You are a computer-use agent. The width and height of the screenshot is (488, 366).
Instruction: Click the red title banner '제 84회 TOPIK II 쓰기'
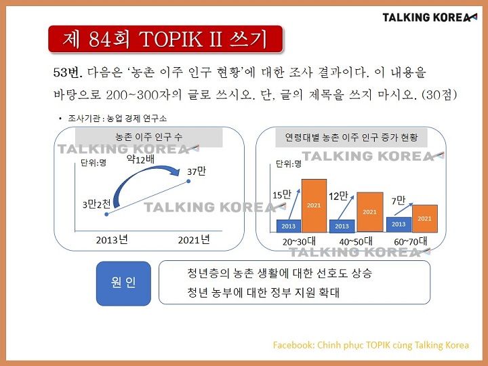point(165,39)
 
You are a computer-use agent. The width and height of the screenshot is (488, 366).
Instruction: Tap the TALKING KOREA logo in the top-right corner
point(430,18)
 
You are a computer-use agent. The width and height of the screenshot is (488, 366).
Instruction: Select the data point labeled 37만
point(188,181)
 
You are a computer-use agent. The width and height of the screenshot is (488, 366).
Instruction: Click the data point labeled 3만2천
point(106,214)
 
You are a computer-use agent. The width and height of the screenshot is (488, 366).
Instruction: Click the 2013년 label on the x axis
point(112,240)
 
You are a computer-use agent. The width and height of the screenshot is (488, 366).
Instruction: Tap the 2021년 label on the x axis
point(194,240)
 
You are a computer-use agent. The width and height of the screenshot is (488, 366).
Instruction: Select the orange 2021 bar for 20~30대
point(314,206)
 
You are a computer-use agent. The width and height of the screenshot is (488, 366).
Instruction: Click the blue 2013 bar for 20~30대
point(289,226)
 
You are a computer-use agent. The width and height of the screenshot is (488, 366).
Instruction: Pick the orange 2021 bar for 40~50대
point(370,212)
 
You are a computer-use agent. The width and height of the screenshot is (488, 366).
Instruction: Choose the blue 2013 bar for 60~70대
point(399,224)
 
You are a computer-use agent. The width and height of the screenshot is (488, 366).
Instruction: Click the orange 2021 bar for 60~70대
point(425,218)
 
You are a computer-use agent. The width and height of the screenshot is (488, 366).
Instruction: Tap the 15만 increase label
point(282,195)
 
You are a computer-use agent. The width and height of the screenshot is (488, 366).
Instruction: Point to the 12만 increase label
point(338,196)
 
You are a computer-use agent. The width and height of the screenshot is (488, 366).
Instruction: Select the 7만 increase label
point(399,201)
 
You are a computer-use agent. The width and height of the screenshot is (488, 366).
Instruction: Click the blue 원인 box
point(123,283)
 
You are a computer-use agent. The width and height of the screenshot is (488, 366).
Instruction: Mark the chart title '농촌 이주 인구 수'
point(148,137)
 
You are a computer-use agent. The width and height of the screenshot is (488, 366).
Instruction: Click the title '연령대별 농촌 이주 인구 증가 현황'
point(351,137)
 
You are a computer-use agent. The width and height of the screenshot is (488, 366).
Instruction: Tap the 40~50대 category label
point(356,241)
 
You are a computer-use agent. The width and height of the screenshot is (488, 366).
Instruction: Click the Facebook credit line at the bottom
point(371,345)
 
